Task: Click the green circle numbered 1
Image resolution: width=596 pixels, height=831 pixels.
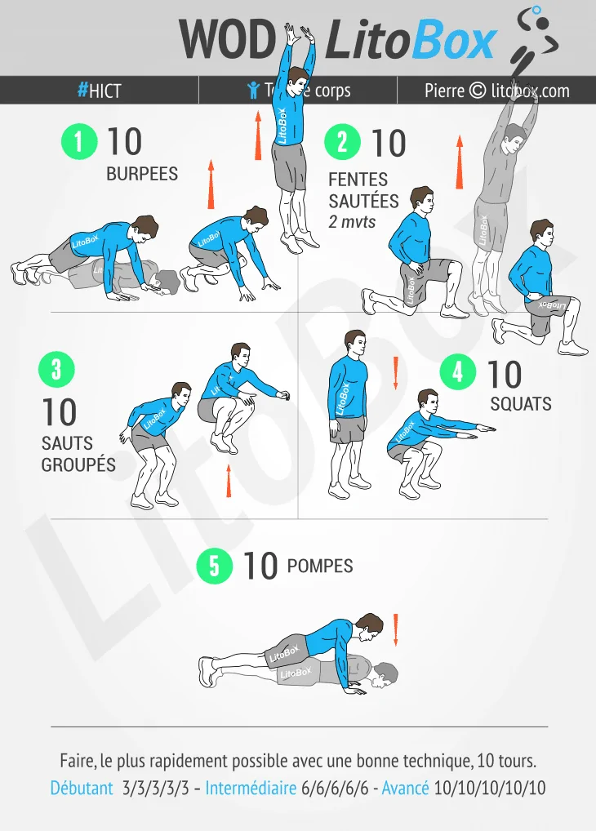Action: pyautogui.click(x=79, y=142)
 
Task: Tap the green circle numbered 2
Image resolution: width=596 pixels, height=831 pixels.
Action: pyautogui.click(x=342, y=142)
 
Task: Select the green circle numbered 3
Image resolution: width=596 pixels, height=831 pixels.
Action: pyautogui.click(x=56, y=369)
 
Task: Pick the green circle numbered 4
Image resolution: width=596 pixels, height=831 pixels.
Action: pyautogui.click(x=457, y=371)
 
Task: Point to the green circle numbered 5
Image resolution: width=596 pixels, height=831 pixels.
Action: pyautogui.click(x=214, y=566)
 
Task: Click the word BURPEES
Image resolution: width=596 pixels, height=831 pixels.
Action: pyautogui.click(x=142, y=174)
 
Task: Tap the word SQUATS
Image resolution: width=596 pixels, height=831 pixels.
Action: pyautogui.click(x=521, y=404)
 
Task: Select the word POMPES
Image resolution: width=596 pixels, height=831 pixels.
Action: pyautogui.click(x=320, y=566)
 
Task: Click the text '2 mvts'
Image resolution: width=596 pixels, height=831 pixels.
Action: pyautogui.click(x=352, y=221)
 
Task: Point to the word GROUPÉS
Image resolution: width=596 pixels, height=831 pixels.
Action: pyautogui.click(x=78, y=465)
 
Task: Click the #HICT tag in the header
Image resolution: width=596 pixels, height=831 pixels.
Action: pyautogui.click(x=100, y=91)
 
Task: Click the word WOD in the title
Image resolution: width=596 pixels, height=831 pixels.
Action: pyautogui.click(x=228, y=39)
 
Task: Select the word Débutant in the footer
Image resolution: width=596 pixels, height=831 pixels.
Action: pyautogui.click(x=82, y=789)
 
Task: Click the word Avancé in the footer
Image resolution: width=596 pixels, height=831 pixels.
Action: pyautogui.click(x=405, y=789)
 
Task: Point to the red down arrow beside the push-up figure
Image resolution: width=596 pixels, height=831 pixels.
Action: pyautogui.click(x=396, y=629)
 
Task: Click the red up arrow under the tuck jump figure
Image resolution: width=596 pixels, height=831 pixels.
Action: pyautogui.click(x=229, y=481)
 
